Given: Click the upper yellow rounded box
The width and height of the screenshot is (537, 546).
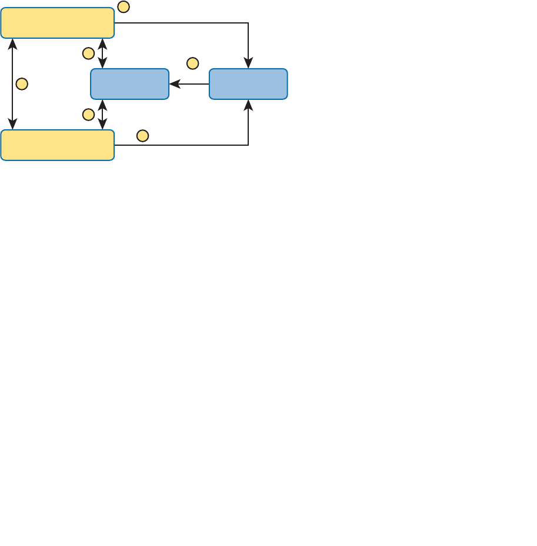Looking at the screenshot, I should point(57,23).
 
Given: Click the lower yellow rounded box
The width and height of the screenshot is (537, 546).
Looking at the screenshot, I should point(57,145).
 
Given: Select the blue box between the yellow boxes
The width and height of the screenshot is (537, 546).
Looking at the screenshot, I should point(129,84).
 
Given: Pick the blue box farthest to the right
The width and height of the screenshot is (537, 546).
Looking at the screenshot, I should point(248,84).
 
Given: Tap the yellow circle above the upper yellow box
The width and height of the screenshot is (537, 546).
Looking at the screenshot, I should point(124,7).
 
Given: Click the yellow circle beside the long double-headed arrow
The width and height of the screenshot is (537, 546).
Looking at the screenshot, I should point(22,84).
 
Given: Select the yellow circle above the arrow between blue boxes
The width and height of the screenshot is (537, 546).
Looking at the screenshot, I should point(192,63).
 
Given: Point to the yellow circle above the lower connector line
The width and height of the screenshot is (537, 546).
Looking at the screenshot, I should point(142,136).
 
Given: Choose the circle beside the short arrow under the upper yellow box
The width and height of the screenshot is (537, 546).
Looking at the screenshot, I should point(88,53).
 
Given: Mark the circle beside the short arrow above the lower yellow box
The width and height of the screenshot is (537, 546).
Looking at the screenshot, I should point(88,114).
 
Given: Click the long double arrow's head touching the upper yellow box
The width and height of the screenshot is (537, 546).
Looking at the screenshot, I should point(12,43).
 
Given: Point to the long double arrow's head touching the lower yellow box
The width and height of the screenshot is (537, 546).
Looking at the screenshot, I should point(12,125).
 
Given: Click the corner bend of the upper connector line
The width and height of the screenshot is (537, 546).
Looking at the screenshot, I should point(248,23).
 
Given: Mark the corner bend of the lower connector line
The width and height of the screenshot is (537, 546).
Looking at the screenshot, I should point(248,145).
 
